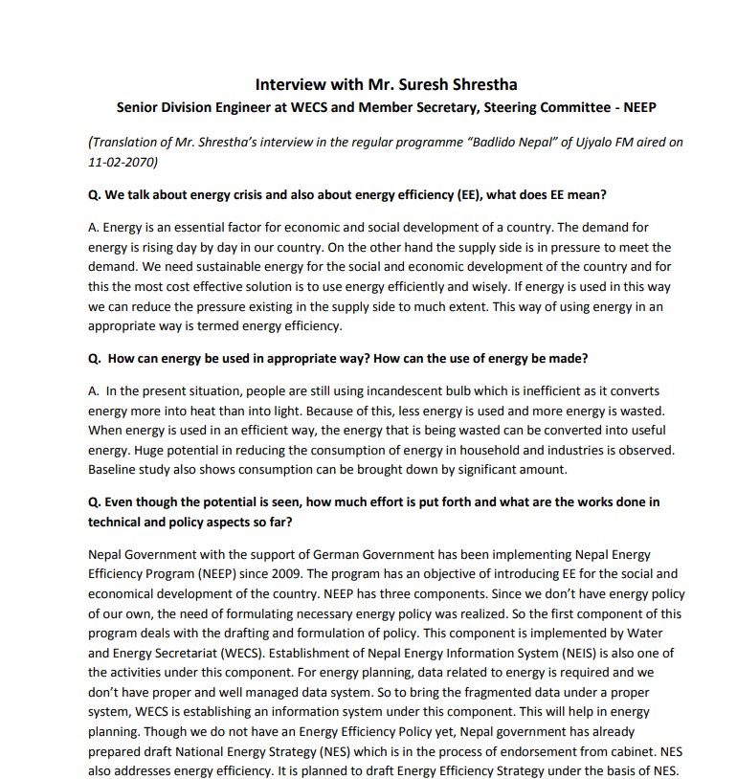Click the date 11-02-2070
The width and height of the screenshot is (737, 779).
point(123,162)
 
